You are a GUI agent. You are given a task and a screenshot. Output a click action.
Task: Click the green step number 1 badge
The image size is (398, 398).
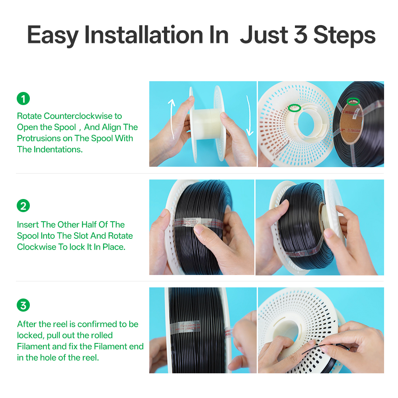[23, 98]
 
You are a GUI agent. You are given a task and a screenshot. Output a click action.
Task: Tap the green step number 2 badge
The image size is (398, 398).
[23, 206]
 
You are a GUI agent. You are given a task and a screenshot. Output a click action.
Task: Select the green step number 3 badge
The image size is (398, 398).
[23, 305]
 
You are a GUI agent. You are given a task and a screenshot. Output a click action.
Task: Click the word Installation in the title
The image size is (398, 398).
[144, 35]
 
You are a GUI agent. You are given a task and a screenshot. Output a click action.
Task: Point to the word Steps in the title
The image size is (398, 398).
[344, 35]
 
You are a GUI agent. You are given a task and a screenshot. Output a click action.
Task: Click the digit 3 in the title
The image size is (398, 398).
[300, 35]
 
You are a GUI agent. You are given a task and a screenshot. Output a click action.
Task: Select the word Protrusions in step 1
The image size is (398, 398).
[39, 139]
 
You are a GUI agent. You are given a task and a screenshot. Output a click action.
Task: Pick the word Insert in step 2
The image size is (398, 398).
[28, 224]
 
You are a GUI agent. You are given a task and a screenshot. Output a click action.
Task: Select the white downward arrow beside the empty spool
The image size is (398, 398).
[250, 116]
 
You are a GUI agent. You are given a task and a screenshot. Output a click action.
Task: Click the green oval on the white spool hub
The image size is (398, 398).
[295, 108]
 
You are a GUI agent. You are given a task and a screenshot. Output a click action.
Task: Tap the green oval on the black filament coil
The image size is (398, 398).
[353, 101]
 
